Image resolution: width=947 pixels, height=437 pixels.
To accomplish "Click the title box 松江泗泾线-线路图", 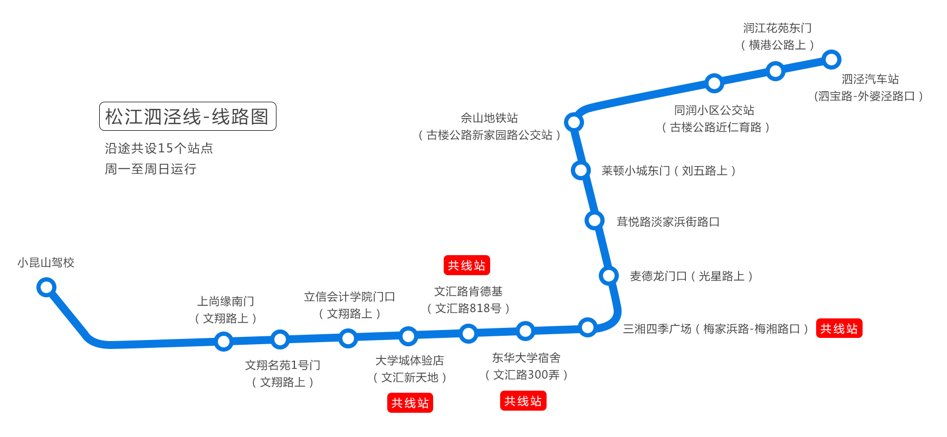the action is point(187,116).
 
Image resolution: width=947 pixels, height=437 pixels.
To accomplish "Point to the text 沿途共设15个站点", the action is point(158,148).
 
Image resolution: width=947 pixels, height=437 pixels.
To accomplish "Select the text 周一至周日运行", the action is point(150,169).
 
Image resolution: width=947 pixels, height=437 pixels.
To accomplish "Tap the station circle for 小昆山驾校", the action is point(46,287).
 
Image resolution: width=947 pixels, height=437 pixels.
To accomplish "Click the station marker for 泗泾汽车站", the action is point(831,60).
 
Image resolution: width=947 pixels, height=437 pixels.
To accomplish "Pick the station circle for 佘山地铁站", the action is point(573,122).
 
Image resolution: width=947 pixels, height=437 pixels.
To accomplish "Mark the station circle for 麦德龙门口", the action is point(608,275).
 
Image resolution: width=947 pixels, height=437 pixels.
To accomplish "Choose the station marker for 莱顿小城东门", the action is point(580,170).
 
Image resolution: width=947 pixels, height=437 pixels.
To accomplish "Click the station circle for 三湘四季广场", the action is point(587,327).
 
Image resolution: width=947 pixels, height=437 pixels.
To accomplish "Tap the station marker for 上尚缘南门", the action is point(224,341).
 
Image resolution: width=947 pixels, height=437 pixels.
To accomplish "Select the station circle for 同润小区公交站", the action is point(714,83).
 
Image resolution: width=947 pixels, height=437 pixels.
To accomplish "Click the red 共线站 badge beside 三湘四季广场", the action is point(839,328).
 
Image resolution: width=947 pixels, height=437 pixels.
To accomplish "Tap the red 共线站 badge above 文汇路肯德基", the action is point(466,265).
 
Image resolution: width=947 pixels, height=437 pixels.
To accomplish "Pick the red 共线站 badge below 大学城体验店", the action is point(410,403).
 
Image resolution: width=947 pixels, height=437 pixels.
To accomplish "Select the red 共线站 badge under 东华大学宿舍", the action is point(523,401).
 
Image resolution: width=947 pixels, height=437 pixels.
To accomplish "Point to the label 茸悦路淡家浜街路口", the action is point(668,221).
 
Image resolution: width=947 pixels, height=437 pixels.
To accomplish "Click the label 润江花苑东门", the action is point(777,28).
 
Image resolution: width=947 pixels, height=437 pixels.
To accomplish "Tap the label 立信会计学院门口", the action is point(349,297).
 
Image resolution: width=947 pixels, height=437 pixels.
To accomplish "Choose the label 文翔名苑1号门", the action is point(283,365).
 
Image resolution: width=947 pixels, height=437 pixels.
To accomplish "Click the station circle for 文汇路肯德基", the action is point(468,333).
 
